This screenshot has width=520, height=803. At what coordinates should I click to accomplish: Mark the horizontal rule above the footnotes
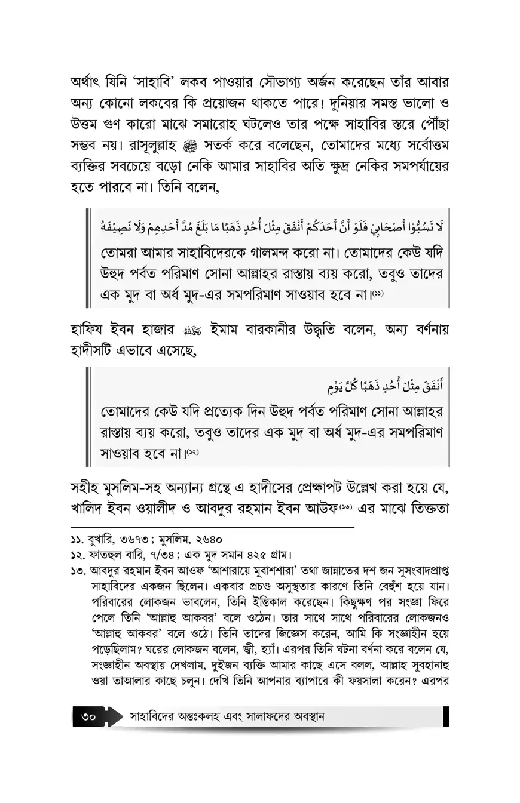(212, 528)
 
